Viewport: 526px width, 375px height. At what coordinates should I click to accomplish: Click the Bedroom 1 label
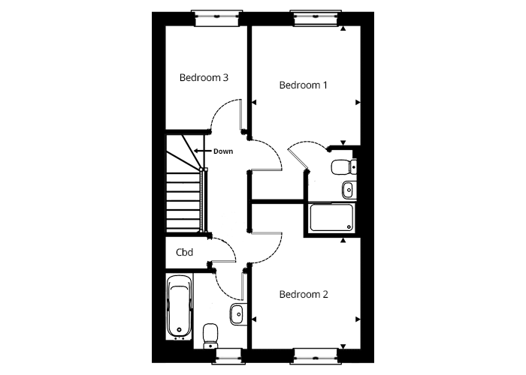(303, 85)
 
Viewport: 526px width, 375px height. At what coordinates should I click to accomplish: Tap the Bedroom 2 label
(304, 294)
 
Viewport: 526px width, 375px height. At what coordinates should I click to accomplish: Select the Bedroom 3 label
(204, 77)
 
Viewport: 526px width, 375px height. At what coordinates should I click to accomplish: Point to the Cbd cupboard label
(184, 252)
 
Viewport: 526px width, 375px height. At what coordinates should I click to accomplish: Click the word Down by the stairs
(223, 151)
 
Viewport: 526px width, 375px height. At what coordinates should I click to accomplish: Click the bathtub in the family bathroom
(180, 307)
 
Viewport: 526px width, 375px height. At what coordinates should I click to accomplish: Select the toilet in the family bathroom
(210, 335)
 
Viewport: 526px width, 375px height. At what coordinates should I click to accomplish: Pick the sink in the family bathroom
(238, 314)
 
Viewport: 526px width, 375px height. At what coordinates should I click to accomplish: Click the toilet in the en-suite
(343, 167)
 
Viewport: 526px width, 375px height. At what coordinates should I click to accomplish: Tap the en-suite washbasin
(349, 190)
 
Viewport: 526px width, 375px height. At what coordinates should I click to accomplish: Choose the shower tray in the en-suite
(332, 217)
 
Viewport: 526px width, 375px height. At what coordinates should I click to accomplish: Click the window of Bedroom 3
(216, 18)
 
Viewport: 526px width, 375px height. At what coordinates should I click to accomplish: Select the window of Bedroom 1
(316, 18)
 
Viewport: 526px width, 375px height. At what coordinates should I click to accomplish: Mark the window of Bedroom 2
(316, 356)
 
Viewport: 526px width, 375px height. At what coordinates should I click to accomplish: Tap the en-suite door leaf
(298, 159)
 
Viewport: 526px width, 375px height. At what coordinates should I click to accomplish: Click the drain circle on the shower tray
(349, 227)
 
